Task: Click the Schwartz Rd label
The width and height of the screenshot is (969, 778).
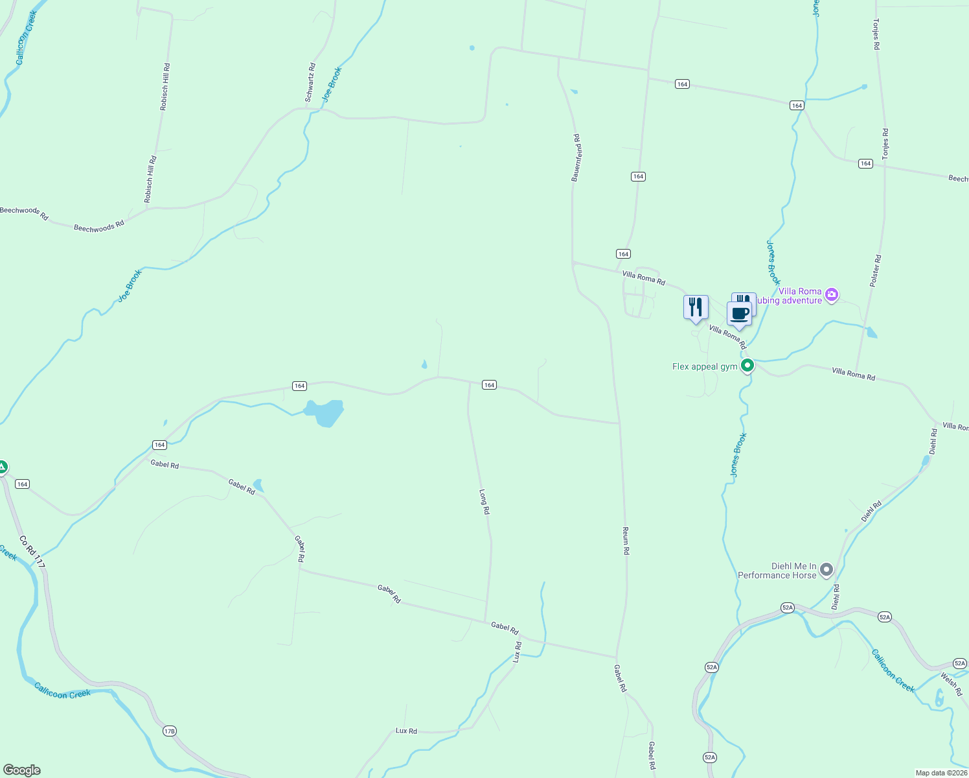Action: click(310, 82)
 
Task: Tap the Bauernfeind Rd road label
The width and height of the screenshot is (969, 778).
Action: click(575, 158)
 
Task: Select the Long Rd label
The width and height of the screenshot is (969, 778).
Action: click(484, 502)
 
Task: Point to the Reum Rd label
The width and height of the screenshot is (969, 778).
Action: click(626, 541)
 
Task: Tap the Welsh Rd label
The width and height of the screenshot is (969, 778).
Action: click(952, 685)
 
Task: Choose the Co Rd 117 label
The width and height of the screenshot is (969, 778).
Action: click(32, 552)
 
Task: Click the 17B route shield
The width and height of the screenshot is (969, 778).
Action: click(169, 731)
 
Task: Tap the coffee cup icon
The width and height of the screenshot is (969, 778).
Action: click(739, 314)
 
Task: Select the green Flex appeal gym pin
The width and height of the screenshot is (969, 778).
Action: click(747, 366)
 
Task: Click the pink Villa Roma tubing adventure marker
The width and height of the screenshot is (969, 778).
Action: click(832, 296)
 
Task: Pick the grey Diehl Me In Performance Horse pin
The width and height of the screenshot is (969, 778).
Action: click(826, 571)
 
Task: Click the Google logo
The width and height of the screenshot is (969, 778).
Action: click(21, 770)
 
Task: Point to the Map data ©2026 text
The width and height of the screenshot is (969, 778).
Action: click(940, 773)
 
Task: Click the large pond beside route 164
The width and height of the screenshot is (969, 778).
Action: click(326, 412)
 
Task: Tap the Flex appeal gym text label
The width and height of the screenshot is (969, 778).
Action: click(705, 367)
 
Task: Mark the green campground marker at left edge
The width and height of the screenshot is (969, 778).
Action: click(3, 467)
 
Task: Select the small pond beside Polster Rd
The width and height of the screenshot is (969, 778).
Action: click(872, 333)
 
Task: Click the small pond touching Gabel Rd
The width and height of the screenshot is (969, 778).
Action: click(258, 485)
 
